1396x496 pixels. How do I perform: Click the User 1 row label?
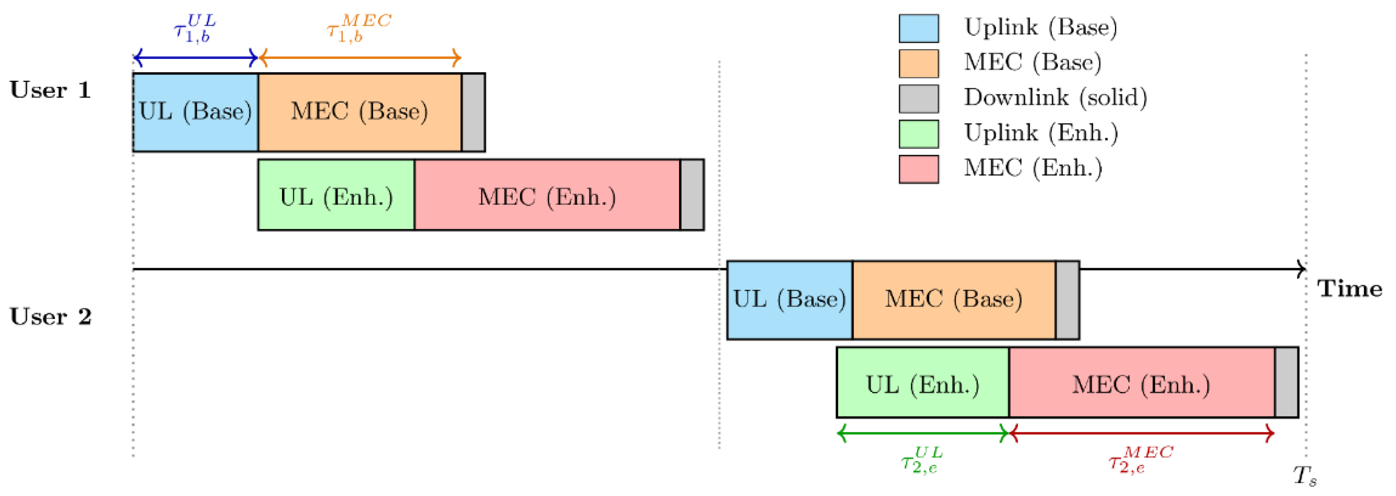coord(50,91)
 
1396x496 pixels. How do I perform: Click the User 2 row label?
coord(50,317)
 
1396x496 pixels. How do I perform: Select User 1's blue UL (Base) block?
coord(195,112)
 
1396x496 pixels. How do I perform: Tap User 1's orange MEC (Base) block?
coord(359,112)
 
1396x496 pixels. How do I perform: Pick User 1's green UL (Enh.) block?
coord(336,195)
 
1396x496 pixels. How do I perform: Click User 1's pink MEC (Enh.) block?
coord(547,195)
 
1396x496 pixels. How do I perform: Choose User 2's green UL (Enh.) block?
coord(922,383)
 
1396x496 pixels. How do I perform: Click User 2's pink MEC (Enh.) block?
coord(1141,383)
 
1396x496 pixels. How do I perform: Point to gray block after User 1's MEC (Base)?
coord(473,112)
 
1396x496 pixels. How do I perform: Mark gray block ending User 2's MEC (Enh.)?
coord(1286,383)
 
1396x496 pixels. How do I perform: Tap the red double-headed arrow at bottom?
coord(1141,434)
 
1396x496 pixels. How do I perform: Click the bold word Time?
coord(1350,288)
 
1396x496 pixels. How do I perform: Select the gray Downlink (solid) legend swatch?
coord(918,99)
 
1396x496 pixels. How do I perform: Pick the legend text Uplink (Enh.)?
coord(1040,133)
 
